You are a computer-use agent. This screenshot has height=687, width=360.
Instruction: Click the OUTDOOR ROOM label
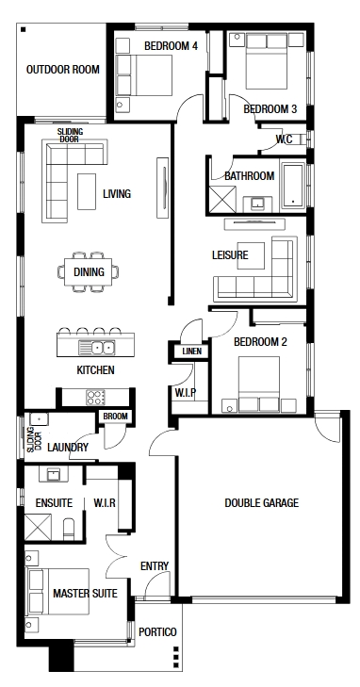coord(63,70)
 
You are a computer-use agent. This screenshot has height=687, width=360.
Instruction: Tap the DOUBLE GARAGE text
coord(261,503)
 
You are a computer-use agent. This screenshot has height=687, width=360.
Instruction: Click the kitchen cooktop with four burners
coord(95,398)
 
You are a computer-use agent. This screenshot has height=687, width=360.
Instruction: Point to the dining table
coord(88,272)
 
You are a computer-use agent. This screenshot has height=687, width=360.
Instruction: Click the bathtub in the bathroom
coord(293,186)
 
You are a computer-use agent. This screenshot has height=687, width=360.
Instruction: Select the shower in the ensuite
coord(38,527)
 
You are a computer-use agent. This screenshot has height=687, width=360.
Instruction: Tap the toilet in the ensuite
coord(69,530)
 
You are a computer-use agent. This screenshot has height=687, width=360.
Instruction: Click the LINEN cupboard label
coord(192,352)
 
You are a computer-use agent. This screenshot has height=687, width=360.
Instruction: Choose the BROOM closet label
coord(116,417)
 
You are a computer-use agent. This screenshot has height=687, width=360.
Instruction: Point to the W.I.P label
coord(186,393)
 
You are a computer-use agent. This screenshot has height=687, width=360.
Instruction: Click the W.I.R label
coord(105,503)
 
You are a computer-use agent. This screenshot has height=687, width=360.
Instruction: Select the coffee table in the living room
coord(87,191)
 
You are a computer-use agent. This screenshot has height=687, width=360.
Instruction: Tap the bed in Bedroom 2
coord(259,384)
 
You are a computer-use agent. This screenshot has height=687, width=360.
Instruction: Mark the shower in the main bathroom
coord(222,200)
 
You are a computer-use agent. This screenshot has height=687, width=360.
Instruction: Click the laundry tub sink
coord(40,419)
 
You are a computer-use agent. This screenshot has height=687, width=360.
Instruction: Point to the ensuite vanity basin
coord(54,474)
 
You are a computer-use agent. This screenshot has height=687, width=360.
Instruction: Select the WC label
coord(285,139)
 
